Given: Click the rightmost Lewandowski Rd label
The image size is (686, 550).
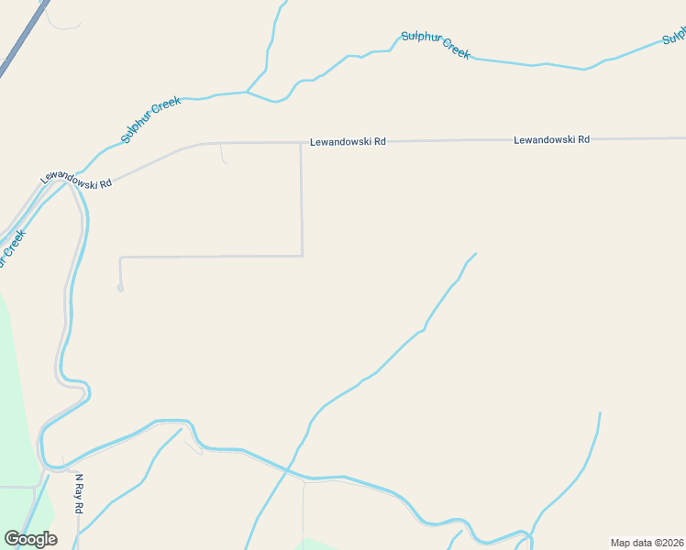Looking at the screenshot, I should (551, 139).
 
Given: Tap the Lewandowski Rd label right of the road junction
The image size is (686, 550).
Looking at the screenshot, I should (348, 142).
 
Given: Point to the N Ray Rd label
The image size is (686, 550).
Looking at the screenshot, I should (79, 494).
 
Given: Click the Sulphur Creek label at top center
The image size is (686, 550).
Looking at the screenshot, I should (436, 45).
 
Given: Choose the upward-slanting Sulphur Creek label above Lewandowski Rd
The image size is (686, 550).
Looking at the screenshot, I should (151, 119).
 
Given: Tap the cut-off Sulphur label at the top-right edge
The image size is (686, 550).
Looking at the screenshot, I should (674, 36).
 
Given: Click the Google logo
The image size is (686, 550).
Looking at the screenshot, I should (30, 539).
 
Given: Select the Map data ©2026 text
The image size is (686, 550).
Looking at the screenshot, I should (647, 543).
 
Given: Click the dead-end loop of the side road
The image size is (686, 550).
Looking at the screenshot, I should (120, 288).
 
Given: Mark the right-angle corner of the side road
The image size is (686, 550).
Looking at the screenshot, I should (302, 256).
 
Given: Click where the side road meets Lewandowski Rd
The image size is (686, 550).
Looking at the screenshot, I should (301, 143).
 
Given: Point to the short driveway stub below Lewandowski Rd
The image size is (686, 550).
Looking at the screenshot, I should (223, 154).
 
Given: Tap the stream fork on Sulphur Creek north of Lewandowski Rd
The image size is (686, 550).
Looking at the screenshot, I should (247, 92).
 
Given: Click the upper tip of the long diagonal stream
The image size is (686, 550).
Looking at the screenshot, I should (475, 254).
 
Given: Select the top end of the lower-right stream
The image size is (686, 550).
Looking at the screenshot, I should (600, 413).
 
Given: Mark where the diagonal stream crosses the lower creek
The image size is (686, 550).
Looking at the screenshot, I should (288, 469).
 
